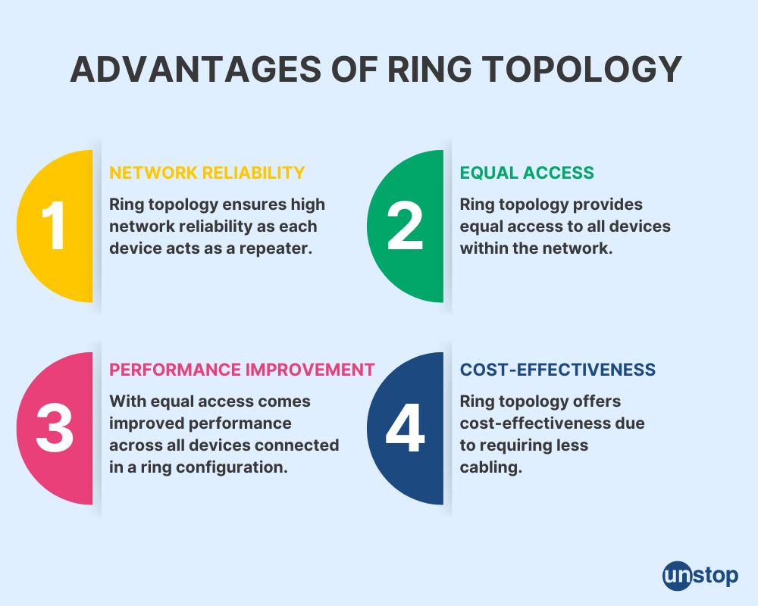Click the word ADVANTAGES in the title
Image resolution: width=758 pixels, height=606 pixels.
(x=196, y=69)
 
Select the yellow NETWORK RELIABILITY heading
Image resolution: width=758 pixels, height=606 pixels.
(x=207, y=173)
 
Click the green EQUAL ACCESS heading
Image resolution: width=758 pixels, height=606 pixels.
(x=527, y=173)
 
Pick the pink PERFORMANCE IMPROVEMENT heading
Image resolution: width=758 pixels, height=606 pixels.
(x=242, y=370)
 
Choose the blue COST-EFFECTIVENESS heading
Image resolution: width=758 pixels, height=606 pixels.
(x=557, y=370)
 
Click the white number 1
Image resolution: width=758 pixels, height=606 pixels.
(x=54, y=226)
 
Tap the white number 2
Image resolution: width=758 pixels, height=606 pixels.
(x=405, y=226)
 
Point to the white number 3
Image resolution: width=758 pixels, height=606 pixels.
(x=54, y=428)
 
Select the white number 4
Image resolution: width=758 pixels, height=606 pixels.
(x=405, y=428)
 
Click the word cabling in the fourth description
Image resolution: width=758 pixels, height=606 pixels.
(x=491, y=467)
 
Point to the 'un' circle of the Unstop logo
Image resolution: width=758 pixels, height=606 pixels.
(x=677, y=576)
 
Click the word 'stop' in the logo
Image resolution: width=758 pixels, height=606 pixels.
(x=715, y=576)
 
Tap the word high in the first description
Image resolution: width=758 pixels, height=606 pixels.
(x=308, y=205)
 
